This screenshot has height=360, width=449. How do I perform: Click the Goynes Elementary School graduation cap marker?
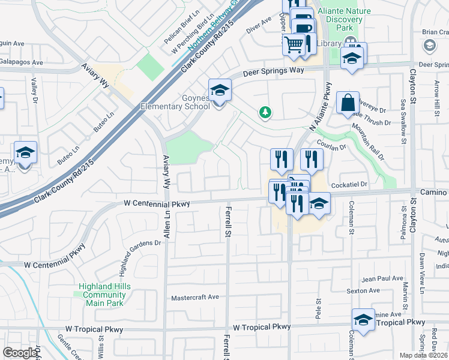(x=220, y=90)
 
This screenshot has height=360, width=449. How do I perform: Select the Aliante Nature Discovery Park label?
(x=345, y=20)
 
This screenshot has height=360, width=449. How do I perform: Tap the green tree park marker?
(x=264, y=112)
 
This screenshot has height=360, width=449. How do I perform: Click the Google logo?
(x=20, y=353)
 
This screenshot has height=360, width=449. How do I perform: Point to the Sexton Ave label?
(x=363, y=291)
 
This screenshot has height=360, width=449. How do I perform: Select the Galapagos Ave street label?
(x=22, y=62)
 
